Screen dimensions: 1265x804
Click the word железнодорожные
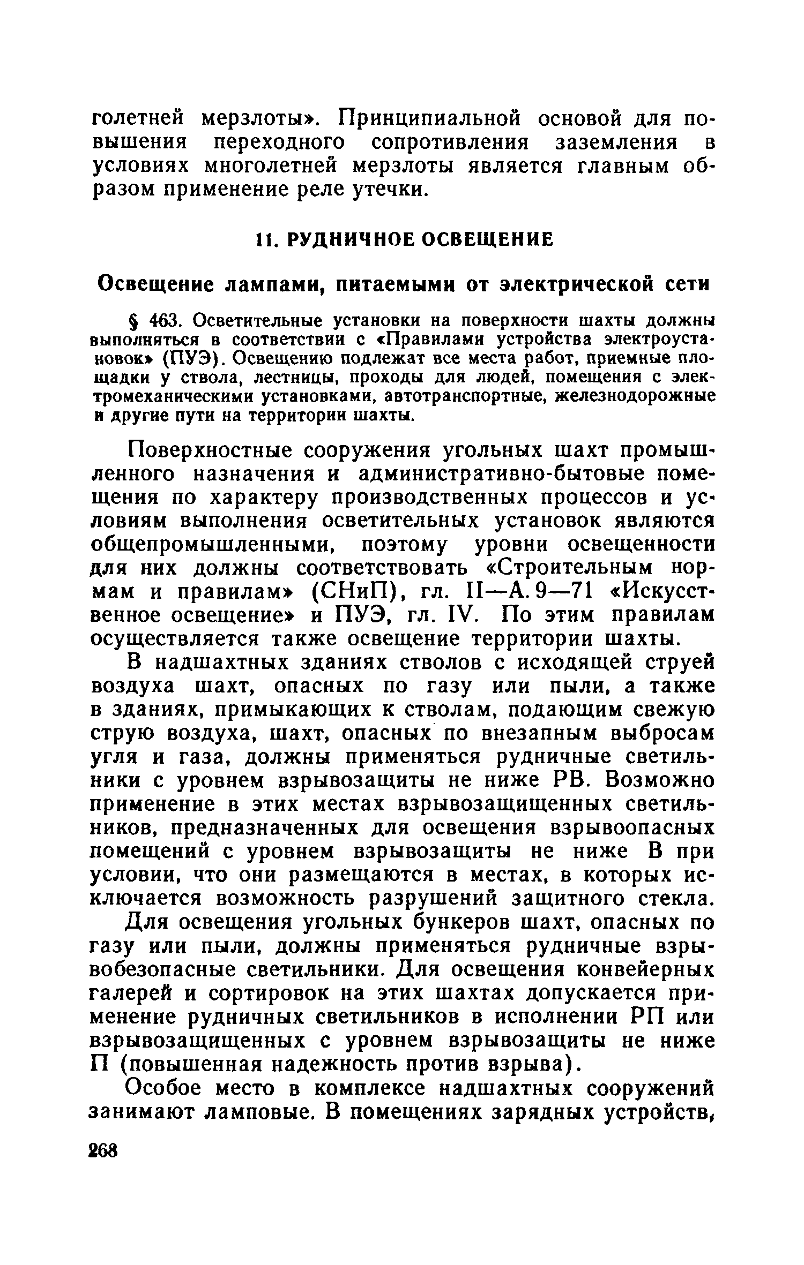coord(635,396)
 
